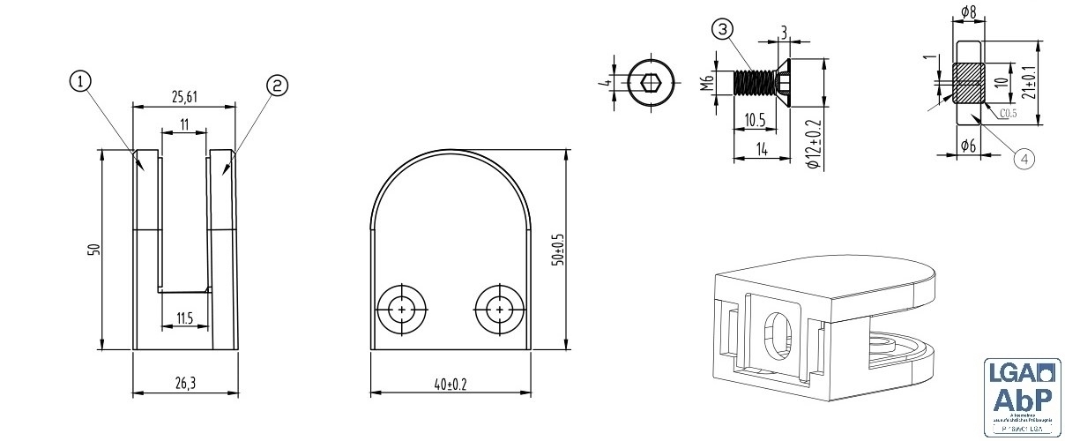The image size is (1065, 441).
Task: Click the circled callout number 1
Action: point(79,82)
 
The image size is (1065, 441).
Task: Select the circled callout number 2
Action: point(277,85)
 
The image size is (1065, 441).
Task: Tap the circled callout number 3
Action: point(723,29)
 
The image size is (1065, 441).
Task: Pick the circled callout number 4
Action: point(1023,158)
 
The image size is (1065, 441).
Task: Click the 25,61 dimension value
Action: point(183,96)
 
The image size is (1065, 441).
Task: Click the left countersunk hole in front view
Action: point(402,310)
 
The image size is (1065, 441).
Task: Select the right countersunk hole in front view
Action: point(500,310)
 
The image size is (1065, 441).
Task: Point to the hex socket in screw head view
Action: point(652,84)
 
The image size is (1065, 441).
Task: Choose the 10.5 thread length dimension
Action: point(754,119)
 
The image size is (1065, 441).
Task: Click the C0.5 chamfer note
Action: point(1009,113)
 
